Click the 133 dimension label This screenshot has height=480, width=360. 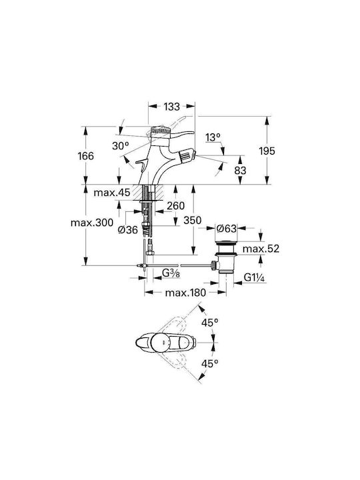pos(171,107)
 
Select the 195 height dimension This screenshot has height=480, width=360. pos(267,151)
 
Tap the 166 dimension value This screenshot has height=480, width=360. pos(86,156)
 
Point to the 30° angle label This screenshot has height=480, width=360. pos(118,146)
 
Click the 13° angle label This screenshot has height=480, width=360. pos(213,137)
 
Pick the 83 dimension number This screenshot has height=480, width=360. pos(240,170)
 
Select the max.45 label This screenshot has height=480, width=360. pos(112,193)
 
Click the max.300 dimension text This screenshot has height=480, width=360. pos(92,223)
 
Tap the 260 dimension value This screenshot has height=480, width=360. pos(176,206)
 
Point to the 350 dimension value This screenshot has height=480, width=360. pos(193,220)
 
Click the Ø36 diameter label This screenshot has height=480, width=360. pos(128,229)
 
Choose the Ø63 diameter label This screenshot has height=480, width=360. pos(227,229)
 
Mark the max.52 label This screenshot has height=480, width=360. pos(261,249)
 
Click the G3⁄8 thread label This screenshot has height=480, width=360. pos(171,273)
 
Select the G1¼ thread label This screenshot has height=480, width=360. pos(254,277)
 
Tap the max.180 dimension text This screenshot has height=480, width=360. pos(185,293)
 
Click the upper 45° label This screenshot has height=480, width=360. pos(210,323)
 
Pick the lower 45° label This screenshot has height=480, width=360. pos(210,364)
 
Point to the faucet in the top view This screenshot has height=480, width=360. pos(165,343)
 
